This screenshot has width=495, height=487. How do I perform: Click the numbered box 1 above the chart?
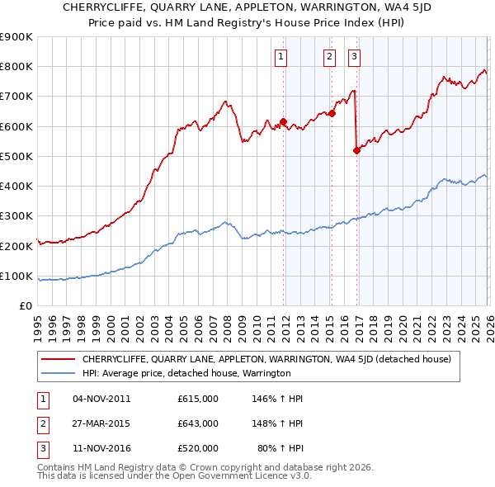(x=281, y=57)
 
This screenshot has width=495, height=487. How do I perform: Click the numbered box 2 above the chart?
(x=329, y=57)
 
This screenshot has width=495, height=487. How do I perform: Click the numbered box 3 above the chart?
(x=354, y=57)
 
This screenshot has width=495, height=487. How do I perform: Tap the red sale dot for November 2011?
(x=283, y=122)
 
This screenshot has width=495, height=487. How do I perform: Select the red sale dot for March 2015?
(x=332, y=114)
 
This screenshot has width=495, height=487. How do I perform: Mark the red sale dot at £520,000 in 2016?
(x=356, y=150)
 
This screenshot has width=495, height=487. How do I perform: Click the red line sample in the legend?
(x=58, y=360)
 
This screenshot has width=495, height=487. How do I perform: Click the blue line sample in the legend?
(x=58, y=374)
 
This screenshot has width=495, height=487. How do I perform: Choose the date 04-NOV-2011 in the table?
(x=101, y=399)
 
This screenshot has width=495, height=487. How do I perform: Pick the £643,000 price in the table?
(x=197, y=423)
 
